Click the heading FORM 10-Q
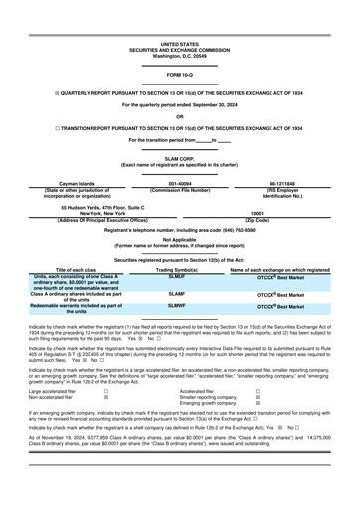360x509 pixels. (179, 75)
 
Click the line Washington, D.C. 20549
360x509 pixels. (179, 56)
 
